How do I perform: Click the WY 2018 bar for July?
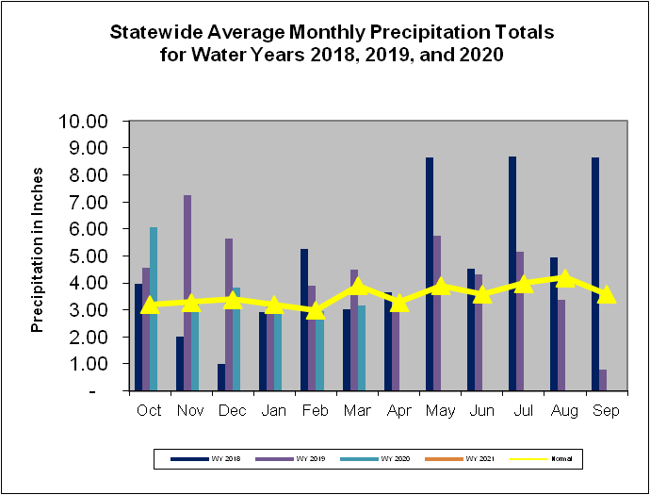512,273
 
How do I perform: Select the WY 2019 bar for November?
187,292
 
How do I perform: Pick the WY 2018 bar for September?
595,273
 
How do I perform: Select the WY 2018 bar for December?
221,376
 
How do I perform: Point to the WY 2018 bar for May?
430,273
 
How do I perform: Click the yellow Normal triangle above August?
564,278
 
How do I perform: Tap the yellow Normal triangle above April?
399,303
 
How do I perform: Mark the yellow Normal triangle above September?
606,294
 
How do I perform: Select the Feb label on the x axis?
316,411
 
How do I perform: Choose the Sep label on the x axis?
606,411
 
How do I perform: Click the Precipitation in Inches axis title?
39,255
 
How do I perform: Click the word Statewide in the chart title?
154,32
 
